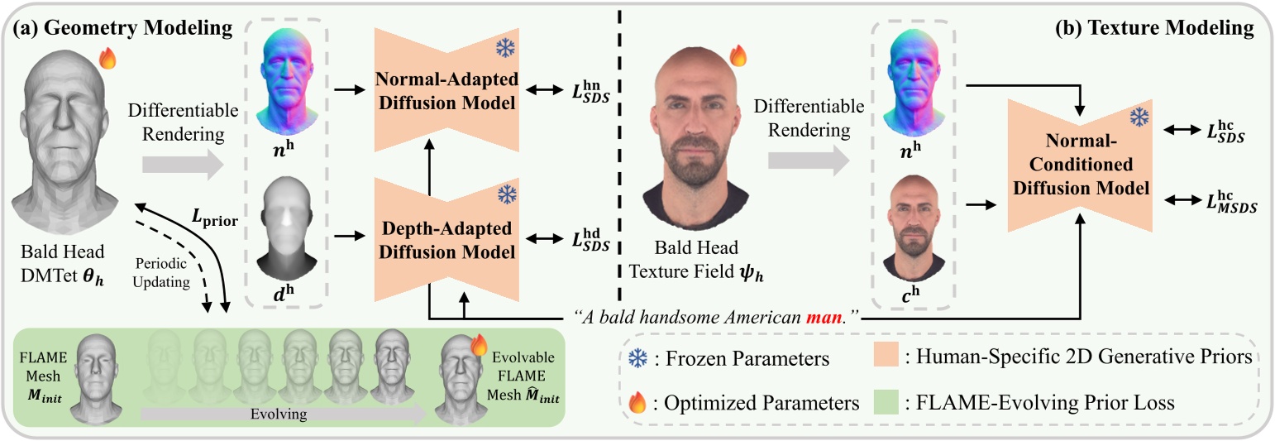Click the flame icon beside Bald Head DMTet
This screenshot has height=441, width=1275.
107,58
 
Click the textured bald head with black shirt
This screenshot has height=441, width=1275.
695,149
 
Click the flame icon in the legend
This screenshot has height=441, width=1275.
637,405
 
